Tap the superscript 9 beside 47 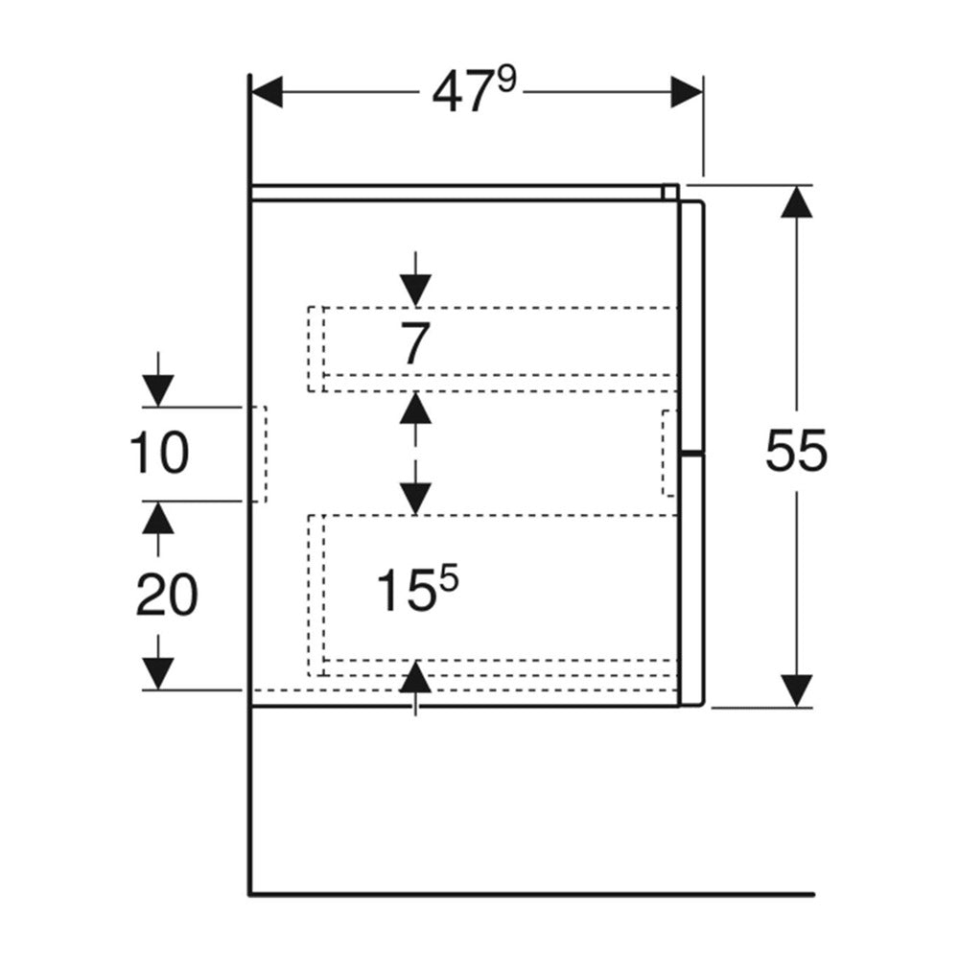pyautogui.click(x=507, y=81)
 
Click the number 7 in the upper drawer pyautogui.click(x=415, y=343)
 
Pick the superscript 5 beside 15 pyautogui.click(x=448, y=578)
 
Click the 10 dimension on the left pyautogui.click(x=159, y=453)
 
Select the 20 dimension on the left pyautogui.click(x=167, y=594)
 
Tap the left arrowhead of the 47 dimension pyautogui.click(x=267, y=92)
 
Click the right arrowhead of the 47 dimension pyautogui.click(x=687, y=92)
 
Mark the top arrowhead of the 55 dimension pyautogui.click(x=796, y=201)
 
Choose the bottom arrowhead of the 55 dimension pyautogui.click(x=796, y=690)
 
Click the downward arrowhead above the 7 pyautogui.click(x=416, y=290)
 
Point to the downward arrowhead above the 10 pyautogui.click(x=158, y=390)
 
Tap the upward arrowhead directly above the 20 pyautogui.click(x=158, y=518)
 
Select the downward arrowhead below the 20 pyautogui.click(x=158, y=673)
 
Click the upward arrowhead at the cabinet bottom pyautogui.click(x=416, y=677)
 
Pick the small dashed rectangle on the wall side pyautogui.click(x=259, y=454)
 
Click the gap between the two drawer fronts pyautogui.click(x=693, y=454)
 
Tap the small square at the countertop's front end pyautogui.click(x=669, y=192)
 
